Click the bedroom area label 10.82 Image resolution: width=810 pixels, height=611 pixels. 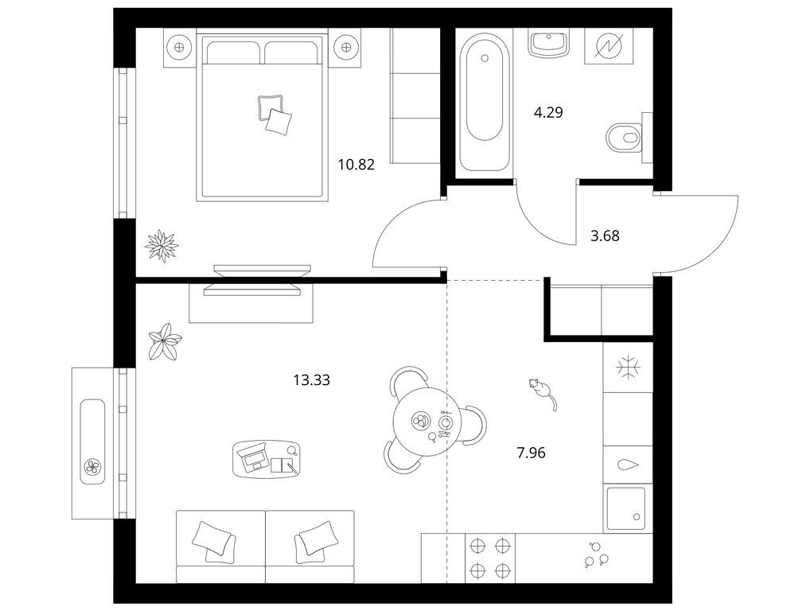356,165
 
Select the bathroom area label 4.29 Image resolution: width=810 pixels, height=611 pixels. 548,112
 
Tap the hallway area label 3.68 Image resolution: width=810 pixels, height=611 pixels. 605,236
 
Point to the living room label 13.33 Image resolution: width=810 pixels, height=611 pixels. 311,380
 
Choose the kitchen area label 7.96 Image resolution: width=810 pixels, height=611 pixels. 531,453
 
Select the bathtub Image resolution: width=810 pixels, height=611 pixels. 484,102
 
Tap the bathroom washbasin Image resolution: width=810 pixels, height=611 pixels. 548,42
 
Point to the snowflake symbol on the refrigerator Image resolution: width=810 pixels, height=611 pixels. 628,368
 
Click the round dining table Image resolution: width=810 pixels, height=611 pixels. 420,422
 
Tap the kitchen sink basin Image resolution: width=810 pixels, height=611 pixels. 626,508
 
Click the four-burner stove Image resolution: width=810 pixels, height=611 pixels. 489,558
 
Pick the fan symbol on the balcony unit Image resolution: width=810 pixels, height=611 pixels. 93,468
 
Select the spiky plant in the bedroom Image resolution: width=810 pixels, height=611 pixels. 162,246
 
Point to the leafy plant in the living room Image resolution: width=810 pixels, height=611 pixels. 165,341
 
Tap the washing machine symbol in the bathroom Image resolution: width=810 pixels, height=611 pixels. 609,46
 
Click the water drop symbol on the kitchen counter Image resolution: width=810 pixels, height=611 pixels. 628,465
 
